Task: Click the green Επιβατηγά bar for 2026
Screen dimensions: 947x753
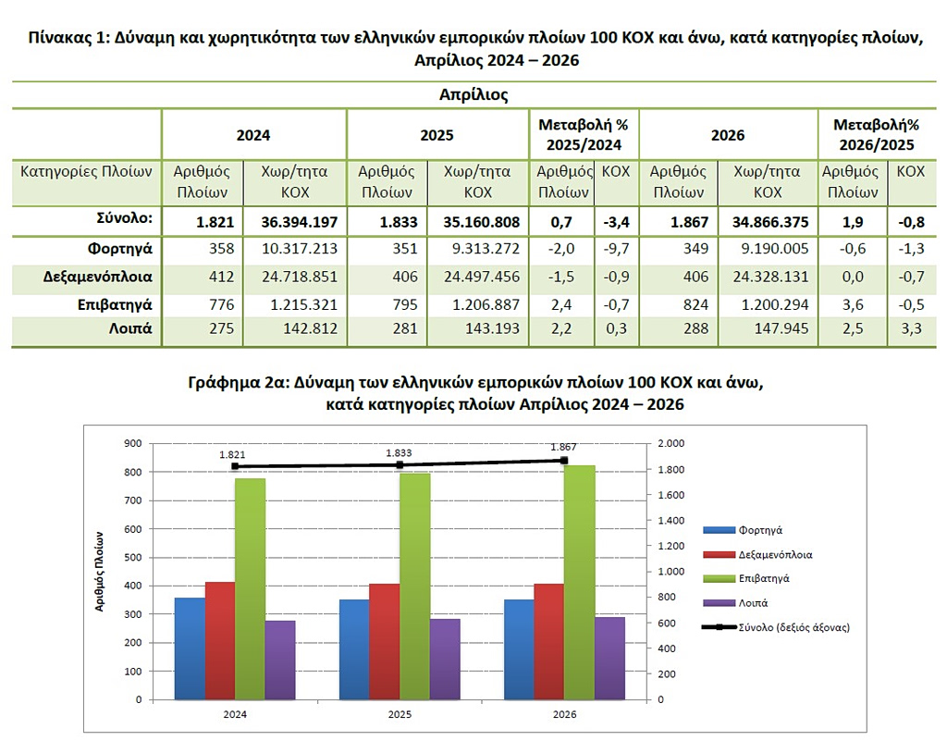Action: (x=579, y=583)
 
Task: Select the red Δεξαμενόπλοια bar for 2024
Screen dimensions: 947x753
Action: (x=220, y=640)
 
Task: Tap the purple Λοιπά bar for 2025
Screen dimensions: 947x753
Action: (x=445, y=660)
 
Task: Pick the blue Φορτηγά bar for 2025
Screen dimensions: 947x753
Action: (x=354, y=649)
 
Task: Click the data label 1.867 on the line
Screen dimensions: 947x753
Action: (x=563, y=447)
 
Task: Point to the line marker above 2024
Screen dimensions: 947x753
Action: (x=235, y=466)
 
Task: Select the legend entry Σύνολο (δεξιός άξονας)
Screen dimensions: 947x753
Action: (x=776, y=627)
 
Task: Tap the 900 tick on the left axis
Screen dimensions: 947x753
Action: (x=133, y=444)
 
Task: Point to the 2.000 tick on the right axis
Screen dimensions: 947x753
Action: (x=671, y=444)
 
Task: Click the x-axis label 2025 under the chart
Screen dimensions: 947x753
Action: (x=400, y=714)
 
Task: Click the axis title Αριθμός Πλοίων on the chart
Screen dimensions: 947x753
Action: (x=100, y=572)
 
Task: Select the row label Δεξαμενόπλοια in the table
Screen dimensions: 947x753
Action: (x=98, y=277)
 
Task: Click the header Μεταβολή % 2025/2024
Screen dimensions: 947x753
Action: (x=584, y=135)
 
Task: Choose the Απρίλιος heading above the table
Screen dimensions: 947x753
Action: (x=473, y=95)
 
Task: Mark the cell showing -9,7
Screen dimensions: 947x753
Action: (x=616, y=249)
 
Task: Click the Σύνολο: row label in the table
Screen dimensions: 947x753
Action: (x=125, y=218)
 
